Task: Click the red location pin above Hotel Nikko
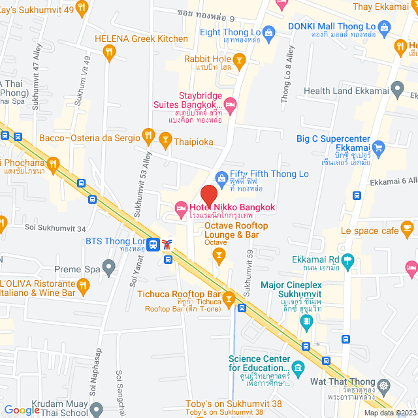[208, 195]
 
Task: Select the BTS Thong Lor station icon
[153, 244]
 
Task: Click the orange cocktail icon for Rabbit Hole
[240, 61]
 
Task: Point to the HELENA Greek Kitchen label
[141, 39]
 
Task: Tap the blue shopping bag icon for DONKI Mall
[384, 27]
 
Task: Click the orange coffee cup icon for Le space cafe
[408, 228]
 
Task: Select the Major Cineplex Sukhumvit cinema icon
[306, 321]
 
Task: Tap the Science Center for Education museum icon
[298, 368]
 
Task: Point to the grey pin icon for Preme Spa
[109, 266]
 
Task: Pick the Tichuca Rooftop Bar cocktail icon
[229, 300]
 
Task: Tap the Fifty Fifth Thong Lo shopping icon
[221, 178]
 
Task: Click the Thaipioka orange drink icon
[165, 139]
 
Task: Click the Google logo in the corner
[22, 410]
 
